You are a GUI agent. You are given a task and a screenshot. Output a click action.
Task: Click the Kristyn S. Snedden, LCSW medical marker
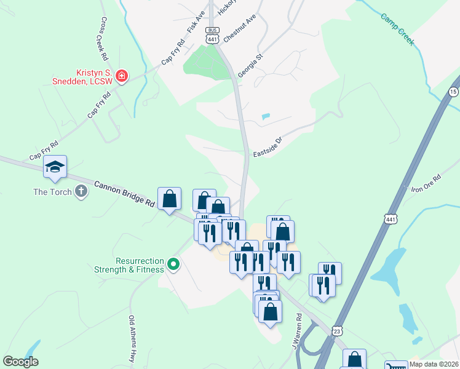click(122, 76)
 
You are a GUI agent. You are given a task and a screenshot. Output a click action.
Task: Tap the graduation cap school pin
click(55, 167)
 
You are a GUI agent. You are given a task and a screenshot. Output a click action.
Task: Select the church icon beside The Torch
click(81, 192)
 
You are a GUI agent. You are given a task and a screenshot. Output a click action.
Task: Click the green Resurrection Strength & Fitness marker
click(173, 265)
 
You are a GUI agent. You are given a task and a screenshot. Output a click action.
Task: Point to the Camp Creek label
click(398, 31)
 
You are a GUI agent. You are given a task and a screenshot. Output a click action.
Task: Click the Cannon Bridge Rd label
click(124, 192)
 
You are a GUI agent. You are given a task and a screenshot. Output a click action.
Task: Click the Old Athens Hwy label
click(132, 339)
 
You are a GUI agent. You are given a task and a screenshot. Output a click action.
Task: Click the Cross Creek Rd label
click(102, 38)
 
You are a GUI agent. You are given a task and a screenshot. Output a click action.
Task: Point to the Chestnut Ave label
click(239, 29)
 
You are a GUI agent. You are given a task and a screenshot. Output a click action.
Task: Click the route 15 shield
click(454, 92)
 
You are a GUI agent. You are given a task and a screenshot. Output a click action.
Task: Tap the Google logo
click(20, 362)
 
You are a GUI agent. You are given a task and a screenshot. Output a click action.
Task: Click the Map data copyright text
click(434, 364)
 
